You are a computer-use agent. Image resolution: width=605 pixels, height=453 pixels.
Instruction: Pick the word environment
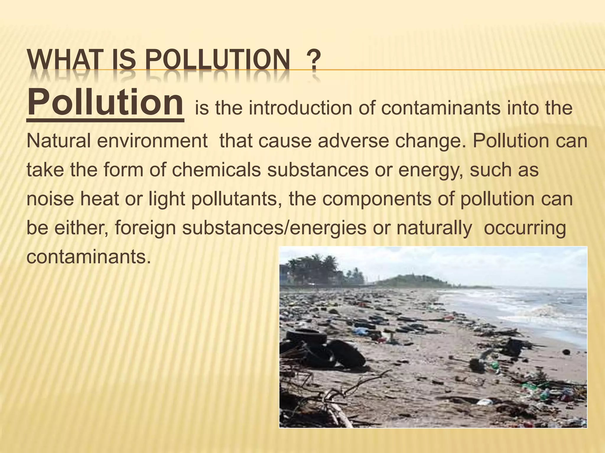152,141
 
